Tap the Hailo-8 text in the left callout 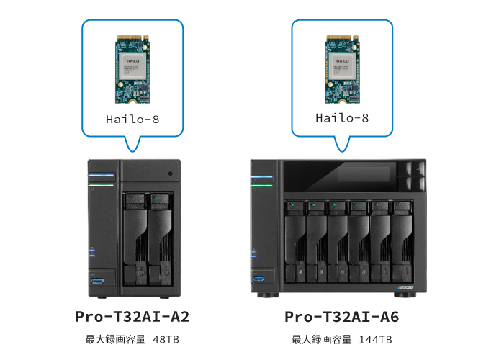[132, 119]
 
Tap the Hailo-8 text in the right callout [342, 118]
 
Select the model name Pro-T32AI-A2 [132, 317]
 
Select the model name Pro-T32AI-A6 [342, 317]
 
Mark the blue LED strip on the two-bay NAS [102, 175]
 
